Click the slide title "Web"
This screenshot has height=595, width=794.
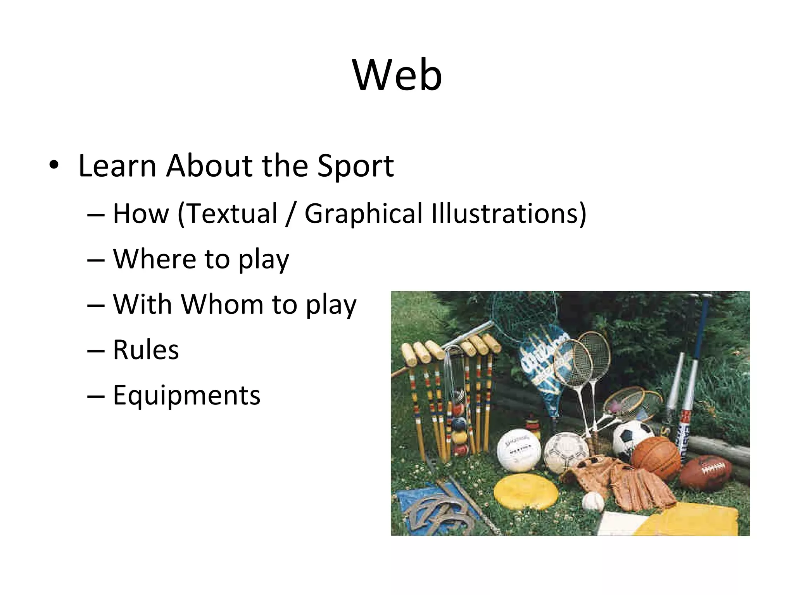[x=397, y=75]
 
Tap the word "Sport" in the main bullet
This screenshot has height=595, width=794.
[x=355, y=166]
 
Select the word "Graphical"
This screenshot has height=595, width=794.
[x=363, y=214]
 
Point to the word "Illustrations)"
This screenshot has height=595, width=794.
[x=509, y=214]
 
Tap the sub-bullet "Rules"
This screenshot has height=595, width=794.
[x=146, y=350]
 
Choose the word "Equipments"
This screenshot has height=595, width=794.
[x=186, y=396]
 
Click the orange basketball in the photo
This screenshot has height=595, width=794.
[x=656, y=459]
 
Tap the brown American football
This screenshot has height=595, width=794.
[x=706, y=472]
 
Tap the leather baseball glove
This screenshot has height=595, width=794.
[x=624, y=484]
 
